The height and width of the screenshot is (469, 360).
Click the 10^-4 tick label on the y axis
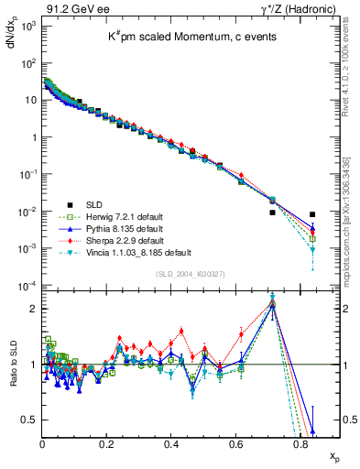point(29,286)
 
